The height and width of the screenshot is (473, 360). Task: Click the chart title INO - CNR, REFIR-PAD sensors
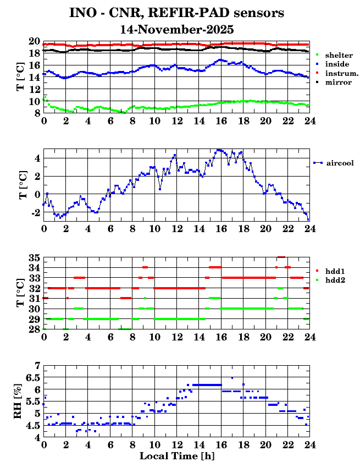(176, 12)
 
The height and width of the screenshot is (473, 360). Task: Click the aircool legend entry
(339, 163)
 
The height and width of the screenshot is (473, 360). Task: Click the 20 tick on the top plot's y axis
(34, 41)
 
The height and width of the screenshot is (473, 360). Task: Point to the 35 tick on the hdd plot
(34, 258)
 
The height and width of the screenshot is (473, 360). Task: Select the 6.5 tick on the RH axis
(33, 377)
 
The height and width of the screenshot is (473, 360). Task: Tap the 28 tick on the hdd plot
(34, 329)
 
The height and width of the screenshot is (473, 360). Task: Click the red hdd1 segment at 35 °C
(281, 257)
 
